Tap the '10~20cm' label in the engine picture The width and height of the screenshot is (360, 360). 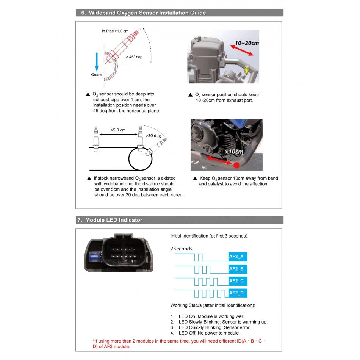[x=247, y=43]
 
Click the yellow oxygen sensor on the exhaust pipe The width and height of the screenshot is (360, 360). [x=247, y=69]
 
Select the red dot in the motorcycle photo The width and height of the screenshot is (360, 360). [x=236, y=165]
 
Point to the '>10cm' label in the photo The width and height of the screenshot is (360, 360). [x=234, y=152]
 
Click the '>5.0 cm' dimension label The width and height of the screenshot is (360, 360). [x=118, y=130]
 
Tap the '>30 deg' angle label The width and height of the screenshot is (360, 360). [x=153, y=135]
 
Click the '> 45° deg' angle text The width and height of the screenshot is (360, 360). [x=134, y=57]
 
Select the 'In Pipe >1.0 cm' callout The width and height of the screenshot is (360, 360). [x=115, y=31]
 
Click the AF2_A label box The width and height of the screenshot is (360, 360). [x=238, y=257]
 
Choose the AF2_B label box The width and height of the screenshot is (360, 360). [x=238, y=269]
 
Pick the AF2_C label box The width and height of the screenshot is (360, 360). [x=238, y=281]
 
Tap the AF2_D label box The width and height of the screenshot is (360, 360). [x=238, y=293]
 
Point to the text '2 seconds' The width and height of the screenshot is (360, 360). [x=181, y=249]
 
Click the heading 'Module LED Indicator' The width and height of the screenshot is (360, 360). [x=114, y=220]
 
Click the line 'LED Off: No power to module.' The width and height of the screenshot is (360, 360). [x=209, y=333]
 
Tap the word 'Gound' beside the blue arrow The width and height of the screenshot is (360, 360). [x=97, y=75]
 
